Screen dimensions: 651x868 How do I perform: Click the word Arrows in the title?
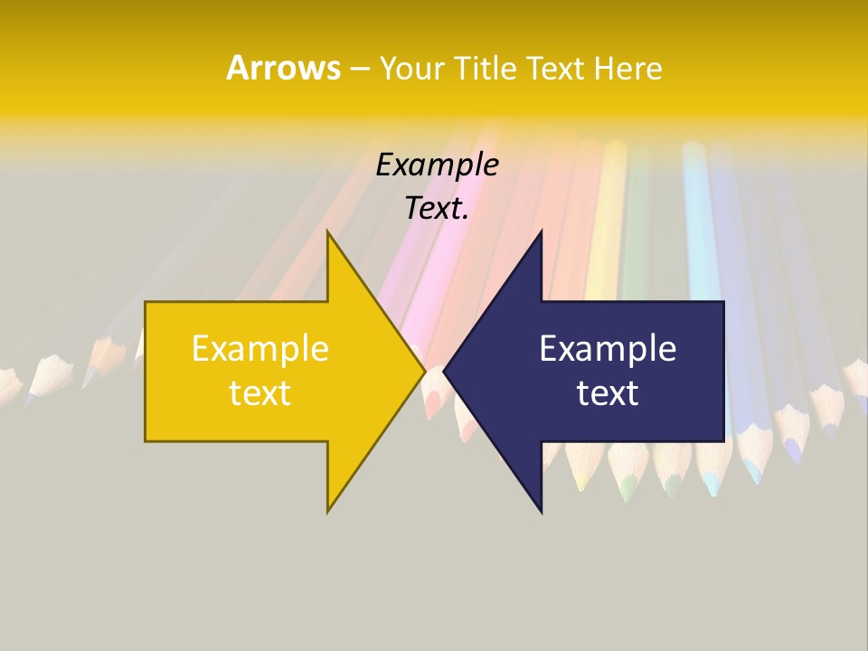(283, 68)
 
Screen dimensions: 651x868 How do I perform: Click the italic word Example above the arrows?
(437, 165)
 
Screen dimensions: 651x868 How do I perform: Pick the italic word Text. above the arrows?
(437, 209)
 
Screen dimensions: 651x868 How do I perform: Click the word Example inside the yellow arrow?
(260, 349)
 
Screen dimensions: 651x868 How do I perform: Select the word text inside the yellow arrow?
(260, 393)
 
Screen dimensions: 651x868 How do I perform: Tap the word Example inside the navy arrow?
(608, 349)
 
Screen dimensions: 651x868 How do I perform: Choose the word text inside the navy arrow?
(608, 393)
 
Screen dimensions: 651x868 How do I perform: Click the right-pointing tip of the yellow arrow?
(425, 372)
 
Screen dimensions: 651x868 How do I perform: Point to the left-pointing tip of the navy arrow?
(444, 372)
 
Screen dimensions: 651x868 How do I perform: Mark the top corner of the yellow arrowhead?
(328, 232)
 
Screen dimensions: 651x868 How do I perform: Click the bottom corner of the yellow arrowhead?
(328, 512)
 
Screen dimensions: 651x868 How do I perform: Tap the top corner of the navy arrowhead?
(541, 232)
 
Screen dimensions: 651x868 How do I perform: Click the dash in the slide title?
(359, 69)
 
